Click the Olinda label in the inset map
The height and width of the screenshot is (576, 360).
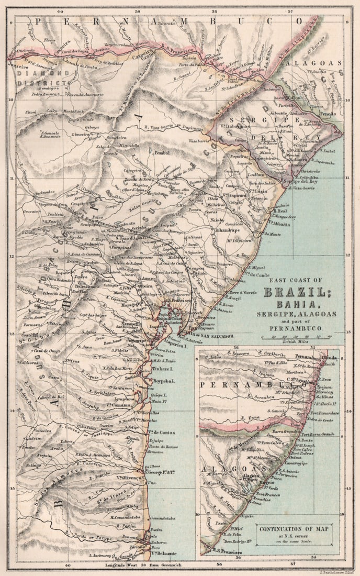(329, 358)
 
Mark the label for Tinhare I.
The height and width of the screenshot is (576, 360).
(163, 369)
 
